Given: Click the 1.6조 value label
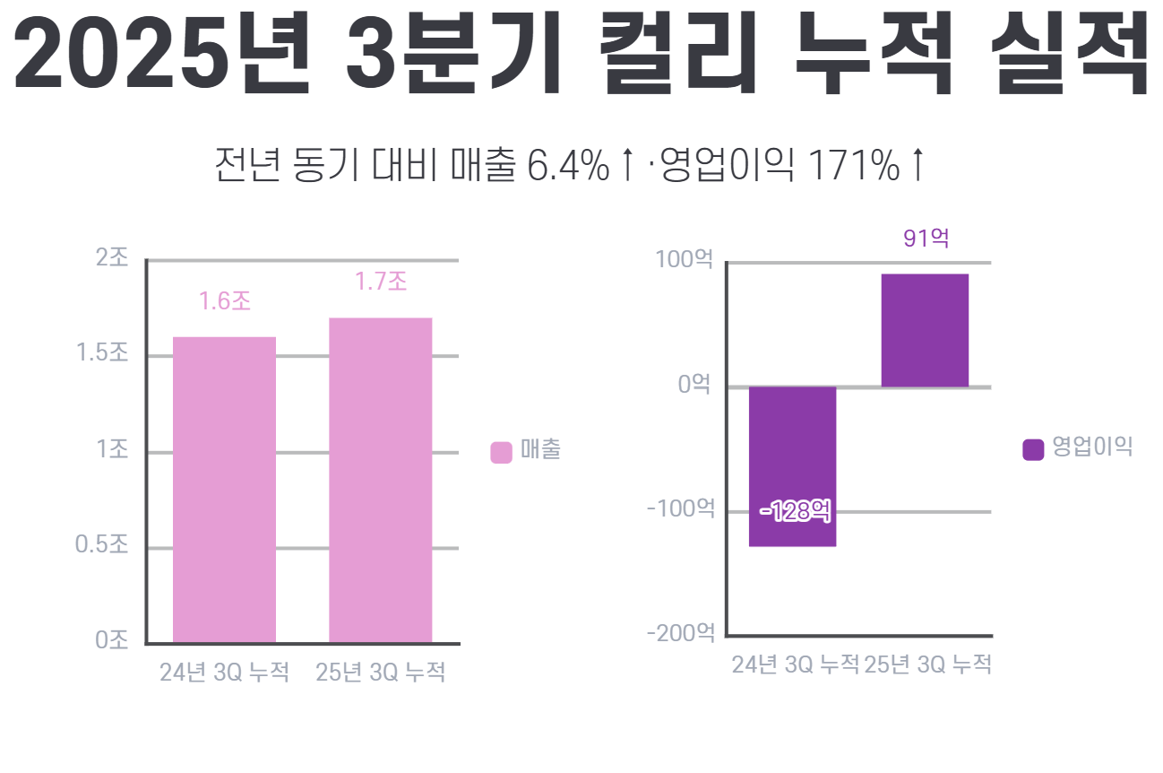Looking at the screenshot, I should [x=224, y=301].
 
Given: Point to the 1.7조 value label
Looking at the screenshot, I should [x=380, y=282].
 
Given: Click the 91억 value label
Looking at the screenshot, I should [x=926, y=239].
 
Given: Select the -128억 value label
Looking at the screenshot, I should [x=795, y=512].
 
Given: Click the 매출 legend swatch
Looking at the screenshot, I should [x=501, y=452].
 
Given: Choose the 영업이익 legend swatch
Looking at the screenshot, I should [x=1033, y=449].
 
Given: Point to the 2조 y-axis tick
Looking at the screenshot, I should [x=112, y=258].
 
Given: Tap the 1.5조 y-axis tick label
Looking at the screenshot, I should [x=103, y=353].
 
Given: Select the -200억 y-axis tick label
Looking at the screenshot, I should [x=681, y=633].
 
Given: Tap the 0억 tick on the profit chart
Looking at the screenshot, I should [x=694, y=385].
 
